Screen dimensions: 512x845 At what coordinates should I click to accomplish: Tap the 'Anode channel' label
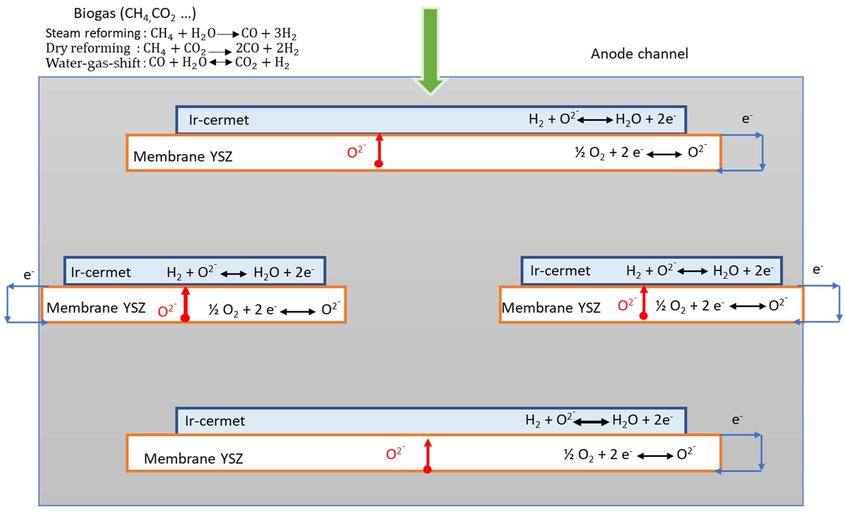tap(639, 54)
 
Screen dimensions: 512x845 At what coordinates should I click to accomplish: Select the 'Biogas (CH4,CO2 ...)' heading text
tap(135, 14)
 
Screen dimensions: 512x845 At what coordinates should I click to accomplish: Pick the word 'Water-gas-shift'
tap(93, 63)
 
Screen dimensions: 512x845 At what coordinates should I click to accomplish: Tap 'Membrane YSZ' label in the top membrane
tap(183, 156)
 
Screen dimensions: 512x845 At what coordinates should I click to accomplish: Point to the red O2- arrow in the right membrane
tap(644, 302)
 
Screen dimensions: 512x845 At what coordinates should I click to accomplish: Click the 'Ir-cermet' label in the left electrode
tap(101, 272)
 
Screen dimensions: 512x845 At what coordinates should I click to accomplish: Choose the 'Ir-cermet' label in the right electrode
tap(560, 271)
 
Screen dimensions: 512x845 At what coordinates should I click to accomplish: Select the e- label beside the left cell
tap(28, 275)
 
